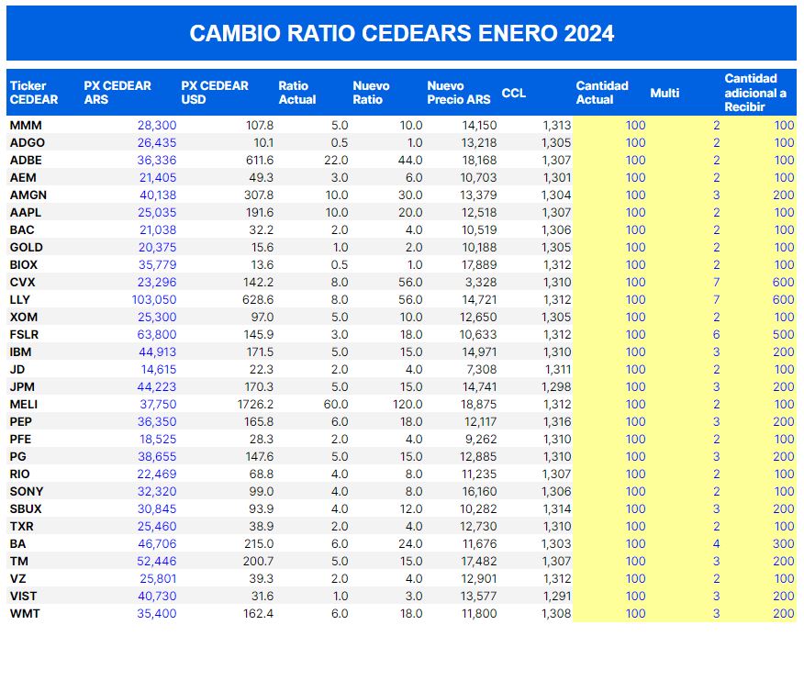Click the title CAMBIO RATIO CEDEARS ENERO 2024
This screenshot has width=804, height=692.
click(x=401, y=33)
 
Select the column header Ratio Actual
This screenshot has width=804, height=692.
click(x=296, y=92)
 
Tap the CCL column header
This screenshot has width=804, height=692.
click(x=514, y=93)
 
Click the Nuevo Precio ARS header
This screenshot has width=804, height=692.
click(x=459, y=92)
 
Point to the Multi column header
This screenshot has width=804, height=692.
click(x=664, y=93)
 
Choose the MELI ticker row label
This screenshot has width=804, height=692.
click(x=24, y=404)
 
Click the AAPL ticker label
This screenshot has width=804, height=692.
click(x=25, y=212)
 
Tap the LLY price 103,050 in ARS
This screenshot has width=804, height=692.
click(x=157, y=299)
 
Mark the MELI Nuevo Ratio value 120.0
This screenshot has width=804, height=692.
click(x=406, y=404)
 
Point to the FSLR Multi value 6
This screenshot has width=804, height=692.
click(x=716, y=334)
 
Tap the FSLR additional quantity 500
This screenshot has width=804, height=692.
click(x=783, y=334)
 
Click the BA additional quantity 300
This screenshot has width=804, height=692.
click(x=783, y=543)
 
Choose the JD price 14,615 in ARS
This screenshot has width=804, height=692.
click(x=159, y=369)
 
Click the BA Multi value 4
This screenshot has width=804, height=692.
click(x=716, y=543)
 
